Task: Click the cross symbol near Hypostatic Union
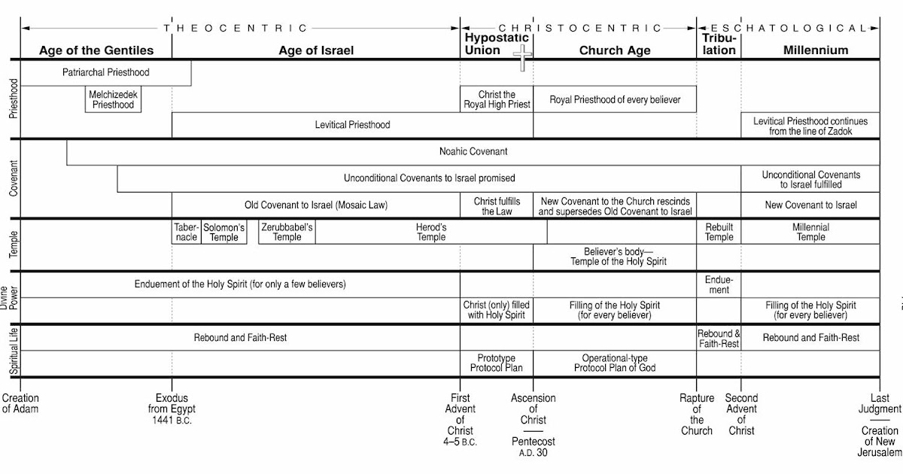click(x=522, y=56)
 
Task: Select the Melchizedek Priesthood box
click(x=114, y=100)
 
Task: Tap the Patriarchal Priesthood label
click(x=106, y=73)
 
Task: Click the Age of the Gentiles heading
click(x=96, y=50)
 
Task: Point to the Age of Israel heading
click(x=316, y=50)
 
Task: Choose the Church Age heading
click(x=615, y=50)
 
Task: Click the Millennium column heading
click(x=816, y=50)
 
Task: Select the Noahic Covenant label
click(x=473, y=152)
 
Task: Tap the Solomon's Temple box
click(x=224, y=232)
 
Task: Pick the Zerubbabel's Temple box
click(x=287, y=232)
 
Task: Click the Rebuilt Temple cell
click(x=719, y=232)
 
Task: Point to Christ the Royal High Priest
click(x=497, y=100)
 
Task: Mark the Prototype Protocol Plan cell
click(x=497, y=363)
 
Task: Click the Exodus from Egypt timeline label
click(x=172, y=409)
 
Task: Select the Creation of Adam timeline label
click(x=20, y=403)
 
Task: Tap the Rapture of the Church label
click(x=697, y=415)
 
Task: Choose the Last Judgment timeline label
click(x=880, y=403)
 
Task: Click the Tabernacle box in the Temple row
click(x=187, y=232)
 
